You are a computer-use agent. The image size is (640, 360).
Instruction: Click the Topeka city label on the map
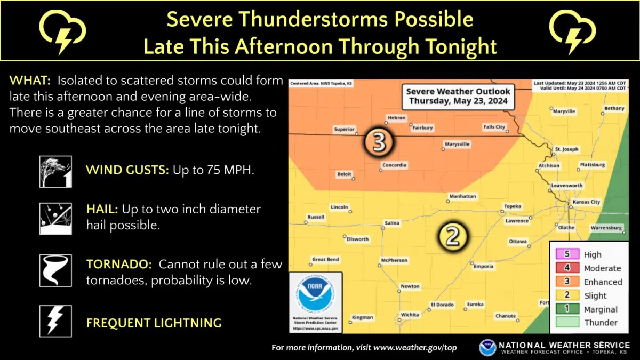513,206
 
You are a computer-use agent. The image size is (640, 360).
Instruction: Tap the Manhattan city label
462,196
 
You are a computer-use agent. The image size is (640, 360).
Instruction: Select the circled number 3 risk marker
379,142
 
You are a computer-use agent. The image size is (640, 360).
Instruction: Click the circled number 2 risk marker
452,236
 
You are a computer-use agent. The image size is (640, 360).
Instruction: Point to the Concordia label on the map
394,165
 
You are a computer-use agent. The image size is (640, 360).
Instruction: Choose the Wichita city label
410,315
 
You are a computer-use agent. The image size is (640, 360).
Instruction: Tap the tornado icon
55,270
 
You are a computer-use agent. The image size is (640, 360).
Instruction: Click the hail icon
55,219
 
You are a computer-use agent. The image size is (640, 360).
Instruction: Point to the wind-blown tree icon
55,171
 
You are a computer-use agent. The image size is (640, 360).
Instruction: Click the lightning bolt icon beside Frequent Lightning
55,321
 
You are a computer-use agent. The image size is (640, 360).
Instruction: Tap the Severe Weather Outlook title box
458,96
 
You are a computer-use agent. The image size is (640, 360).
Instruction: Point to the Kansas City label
586,202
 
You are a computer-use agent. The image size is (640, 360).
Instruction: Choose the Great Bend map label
325,260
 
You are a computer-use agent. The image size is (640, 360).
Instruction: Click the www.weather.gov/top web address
415,348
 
